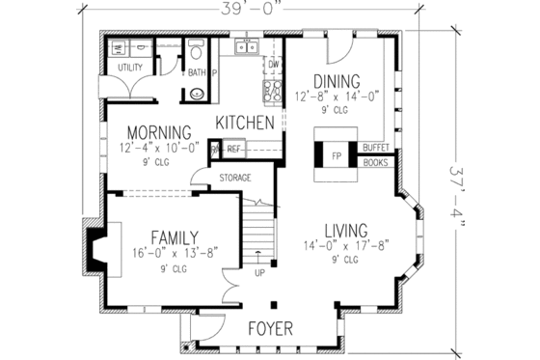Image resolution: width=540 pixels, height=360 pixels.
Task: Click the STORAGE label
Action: pyautogui.click(x=235, y=178)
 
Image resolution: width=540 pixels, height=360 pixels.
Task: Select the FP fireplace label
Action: pyautogui.click(x=337, y=153)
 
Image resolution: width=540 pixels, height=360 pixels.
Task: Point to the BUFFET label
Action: pyautogui.click(x=375, y=148)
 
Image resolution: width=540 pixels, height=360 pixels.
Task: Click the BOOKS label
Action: pyautogui.click(x=375, y=162)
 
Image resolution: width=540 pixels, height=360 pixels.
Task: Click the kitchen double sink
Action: pyautogui.click(x=247, y=45)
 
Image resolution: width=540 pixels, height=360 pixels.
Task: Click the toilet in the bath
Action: pyautogui.click(x=197, y=93)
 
